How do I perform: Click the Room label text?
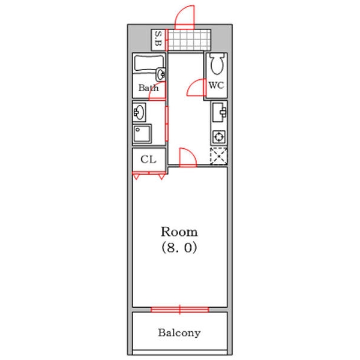[x=179, y=232]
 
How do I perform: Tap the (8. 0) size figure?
[x=179, y=247]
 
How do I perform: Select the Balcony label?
[x=179, y=332]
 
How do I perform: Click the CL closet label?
[x=148, y=159]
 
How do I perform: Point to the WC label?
[x=216, y=85]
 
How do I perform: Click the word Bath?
[x=149, y=88]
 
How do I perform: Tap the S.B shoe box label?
[x=158, y=38]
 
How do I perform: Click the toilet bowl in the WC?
[x=217, y=64]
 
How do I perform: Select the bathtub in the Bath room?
[x=149, y=63]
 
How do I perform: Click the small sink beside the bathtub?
[x=161, y=74]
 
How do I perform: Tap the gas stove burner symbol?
[x=219, y=137]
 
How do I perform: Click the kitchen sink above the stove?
[x=219, y=112]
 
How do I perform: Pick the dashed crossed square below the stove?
[x=218, y=156]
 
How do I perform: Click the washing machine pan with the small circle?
[x=142, y=134]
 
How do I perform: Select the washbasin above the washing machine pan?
[x=139, y=112]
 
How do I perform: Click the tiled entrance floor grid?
[x=189, y=40]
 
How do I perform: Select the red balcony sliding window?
[x=180, y=309]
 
